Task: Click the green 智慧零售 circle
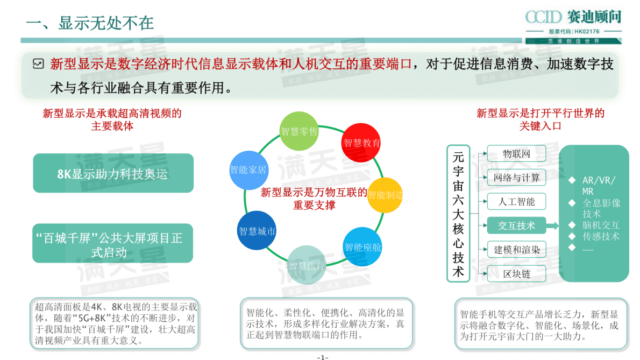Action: coord(300,131)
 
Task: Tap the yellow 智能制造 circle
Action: coord(385,195)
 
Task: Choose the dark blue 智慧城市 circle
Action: coord(257,231)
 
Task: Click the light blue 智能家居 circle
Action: coord(248,170)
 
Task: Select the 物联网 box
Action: coord(516,154)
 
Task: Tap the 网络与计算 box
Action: coord(516,178)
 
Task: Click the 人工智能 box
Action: coord(516,202)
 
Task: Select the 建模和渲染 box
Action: coord(516,250)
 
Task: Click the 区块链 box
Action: coord(516,274)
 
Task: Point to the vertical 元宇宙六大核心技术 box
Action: coord(458,213)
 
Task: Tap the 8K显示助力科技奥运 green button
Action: coord(113,173)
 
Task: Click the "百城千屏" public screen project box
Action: coord(113,243)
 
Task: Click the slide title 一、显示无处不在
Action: coord(90,23)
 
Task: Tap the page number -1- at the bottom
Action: coord(322,357)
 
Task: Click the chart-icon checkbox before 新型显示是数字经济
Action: coord(38,64)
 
